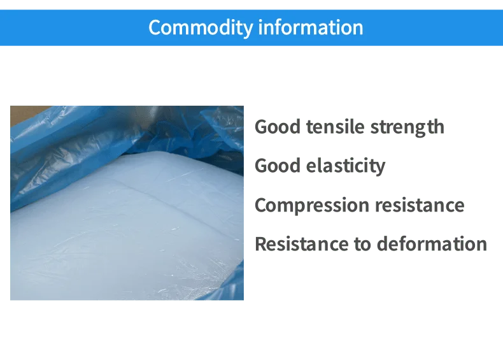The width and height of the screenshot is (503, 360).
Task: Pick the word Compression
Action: point(311,206)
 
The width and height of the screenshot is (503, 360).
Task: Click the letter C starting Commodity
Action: point(155,27)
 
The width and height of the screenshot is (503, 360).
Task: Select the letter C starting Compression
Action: point(260,206)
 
